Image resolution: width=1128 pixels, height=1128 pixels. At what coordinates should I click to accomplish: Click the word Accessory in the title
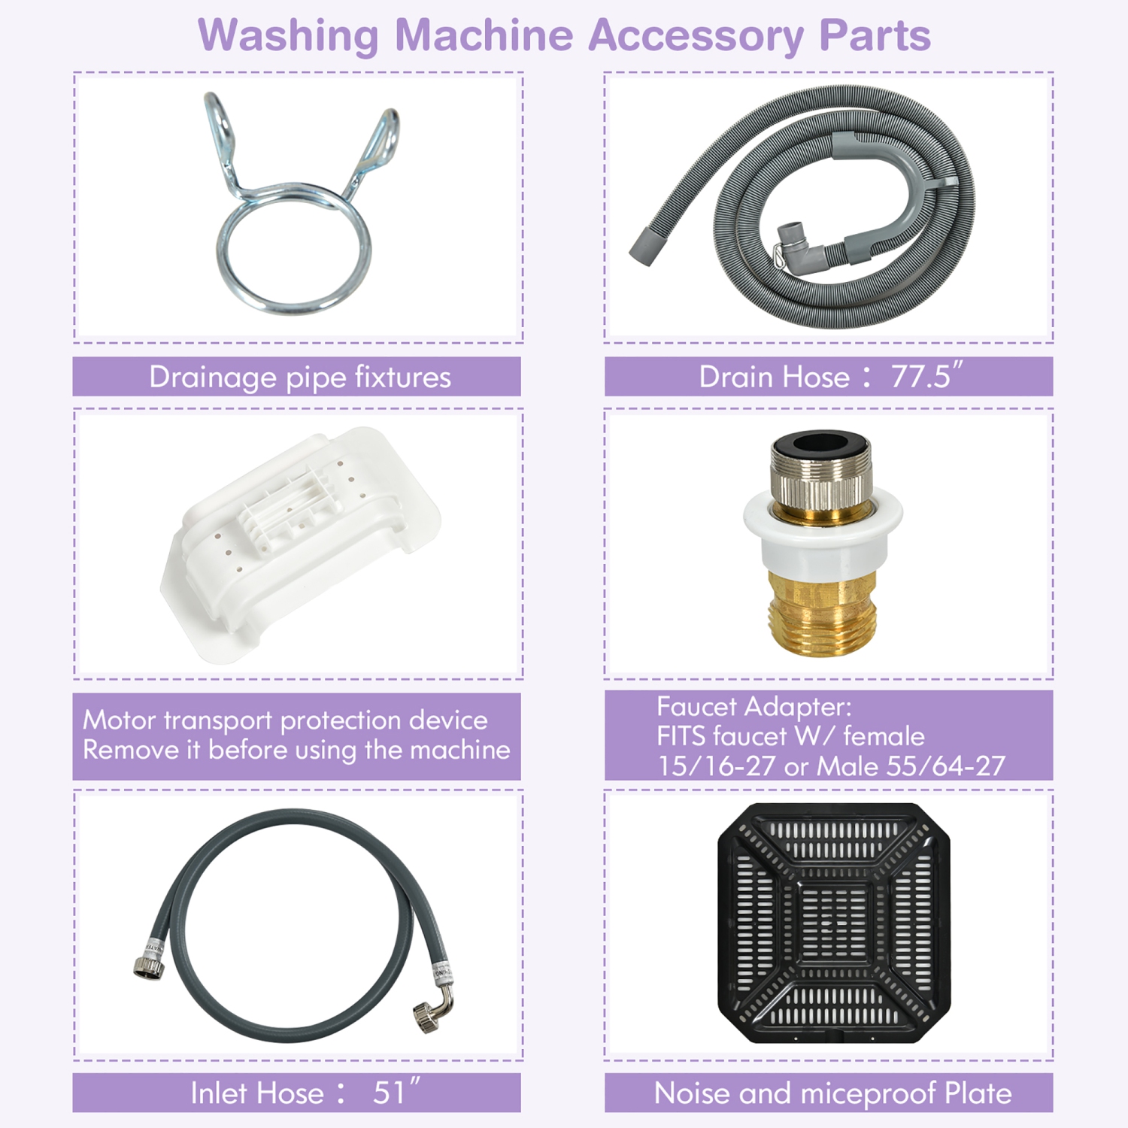[696, 35]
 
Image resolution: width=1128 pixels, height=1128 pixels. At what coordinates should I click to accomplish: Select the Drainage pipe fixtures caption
[299, 377]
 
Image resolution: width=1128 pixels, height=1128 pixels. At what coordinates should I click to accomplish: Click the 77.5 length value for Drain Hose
[925, 376]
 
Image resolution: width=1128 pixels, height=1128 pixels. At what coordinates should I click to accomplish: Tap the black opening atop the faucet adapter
[820, 444]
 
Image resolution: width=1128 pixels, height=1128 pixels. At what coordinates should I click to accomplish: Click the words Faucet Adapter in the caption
[754, 707]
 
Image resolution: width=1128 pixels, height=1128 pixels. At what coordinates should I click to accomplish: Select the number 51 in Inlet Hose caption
[389, 1093]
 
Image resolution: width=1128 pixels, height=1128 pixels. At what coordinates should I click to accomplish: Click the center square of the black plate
[833, 923]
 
